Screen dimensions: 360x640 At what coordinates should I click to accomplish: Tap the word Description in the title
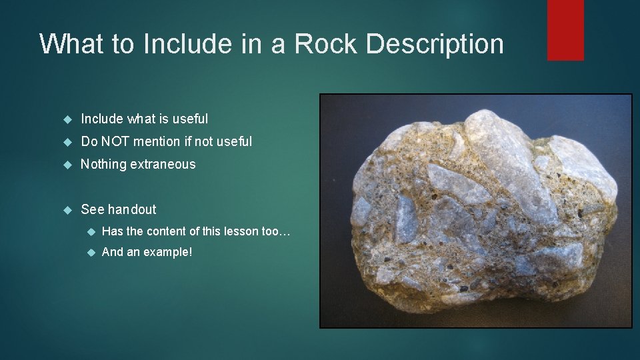[435, 44]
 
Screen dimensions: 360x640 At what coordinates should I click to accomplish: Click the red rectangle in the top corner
[565, 30]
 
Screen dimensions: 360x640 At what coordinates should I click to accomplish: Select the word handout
[132, 209]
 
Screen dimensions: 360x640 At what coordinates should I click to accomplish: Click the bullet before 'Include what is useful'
[67, 119]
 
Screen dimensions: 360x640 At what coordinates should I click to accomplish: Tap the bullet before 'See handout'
[67, 210]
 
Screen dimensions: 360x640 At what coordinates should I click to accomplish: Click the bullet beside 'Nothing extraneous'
[67, 165]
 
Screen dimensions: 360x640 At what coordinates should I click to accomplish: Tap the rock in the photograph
[474, 213]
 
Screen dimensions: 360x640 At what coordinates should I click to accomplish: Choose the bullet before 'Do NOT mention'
[67, 142]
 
